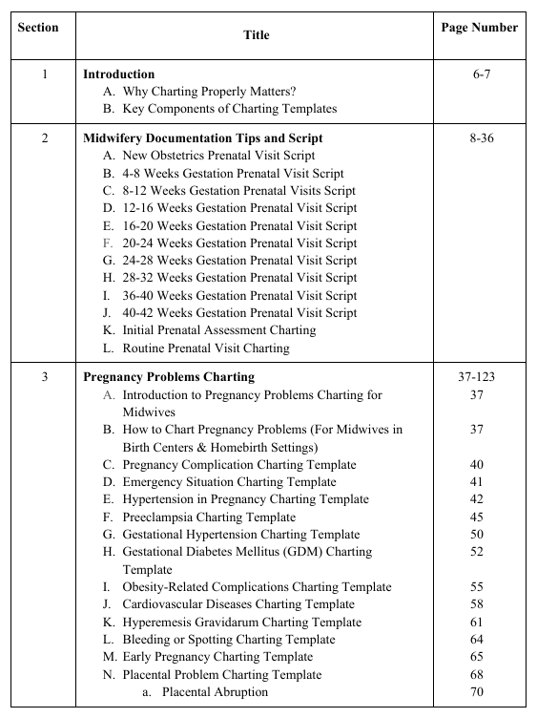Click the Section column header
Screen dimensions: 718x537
click(x=38, y=27)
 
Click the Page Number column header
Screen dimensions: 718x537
click(x=480, y=28)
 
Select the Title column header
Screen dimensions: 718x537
click(x=256, y=35)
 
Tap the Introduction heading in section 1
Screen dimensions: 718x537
click(x=118, y=74)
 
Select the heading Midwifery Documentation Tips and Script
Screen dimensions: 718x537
click(x=202, y=137)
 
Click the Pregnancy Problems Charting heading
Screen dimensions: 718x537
click(x=169, y=377)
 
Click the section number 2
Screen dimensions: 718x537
click(x=45, y=137)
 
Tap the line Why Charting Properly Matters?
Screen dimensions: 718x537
click(x=209, y=92)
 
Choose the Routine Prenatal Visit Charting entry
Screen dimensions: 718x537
click(x=205, y=348)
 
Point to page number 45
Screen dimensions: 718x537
click(x=477, y=517)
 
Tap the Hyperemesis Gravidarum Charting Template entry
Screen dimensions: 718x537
click(x=241, y=622)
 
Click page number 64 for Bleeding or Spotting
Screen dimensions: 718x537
click(x=477, y=639)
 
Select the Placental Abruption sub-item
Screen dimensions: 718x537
click(x=215, y=691)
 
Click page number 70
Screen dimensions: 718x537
click(x=477, y=691)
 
